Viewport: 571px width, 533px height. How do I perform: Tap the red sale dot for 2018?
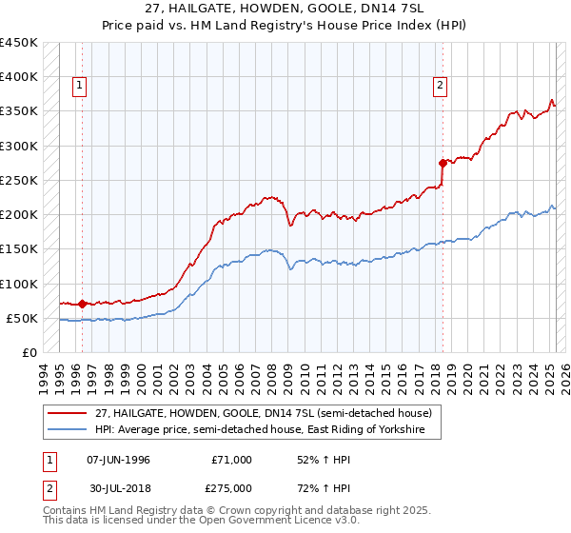click(443, 163)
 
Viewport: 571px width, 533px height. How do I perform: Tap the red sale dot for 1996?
click(82, 305)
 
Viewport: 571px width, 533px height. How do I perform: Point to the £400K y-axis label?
click(19, 77)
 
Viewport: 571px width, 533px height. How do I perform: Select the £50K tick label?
click(23, 318)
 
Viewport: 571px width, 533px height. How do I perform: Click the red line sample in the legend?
click(67, 413)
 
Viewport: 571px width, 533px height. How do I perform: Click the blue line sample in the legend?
click(67, 430)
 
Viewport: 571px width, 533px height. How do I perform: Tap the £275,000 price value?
click(231, 489)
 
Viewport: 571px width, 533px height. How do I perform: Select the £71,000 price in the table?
click(231, 460)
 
